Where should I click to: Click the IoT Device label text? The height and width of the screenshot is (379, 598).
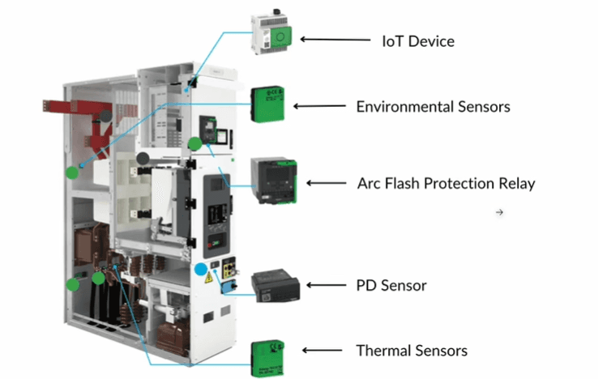click(x=418, y=41)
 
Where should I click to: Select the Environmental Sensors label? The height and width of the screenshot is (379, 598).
click(x=433, y=107)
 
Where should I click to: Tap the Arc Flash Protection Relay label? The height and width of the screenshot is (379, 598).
click(x=446, y=183)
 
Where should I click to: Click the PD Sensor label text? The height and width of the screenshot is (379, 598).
click(x=391, y=285)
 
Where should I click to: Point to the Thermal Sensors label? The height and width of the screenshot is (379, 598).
click(x=412, y=351)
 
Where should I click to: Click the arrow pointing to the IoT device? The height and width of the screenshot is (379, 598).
click(x=335, y=39)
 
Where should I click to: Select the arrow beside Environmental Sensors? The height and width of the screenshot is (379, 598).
click(x=319, y=106)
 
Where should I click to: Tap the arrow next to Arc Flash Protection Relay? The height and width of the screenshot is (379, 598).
click(x=327, y=183)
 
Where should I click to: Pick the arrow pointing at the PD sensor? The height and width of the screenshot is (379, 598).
click(x=327, y=285)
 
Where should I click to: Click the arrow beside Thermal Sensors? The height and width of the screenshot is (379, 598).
click(x=322, y=350)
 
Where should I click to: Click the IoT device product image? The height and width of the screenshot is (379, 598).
click(x=271, y=32)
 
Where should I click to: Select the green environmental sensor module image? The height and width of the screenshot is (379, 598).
click(x=267, y=104)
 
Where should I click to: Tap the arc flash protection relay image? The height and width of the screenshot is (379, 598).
click(x=273, y=180)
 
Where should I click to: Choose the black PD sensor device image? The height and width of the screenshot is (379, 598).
click(x=276, y=286)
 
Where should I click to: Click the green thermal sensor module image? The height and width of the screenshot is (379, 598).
click(x=267, y=359)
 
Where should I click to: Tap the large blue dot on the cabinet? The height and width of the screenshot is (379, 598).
click(x=201, y=269)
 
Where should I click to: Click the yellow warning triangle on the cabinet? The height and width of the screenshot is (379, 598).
click(x=208, y=278)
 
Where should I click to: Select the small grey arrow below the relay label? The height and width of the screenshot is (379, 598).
click(x=500, y=212)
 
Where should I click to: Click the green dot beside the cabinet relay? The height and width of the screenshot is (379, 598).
click(x=195, y=144)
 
